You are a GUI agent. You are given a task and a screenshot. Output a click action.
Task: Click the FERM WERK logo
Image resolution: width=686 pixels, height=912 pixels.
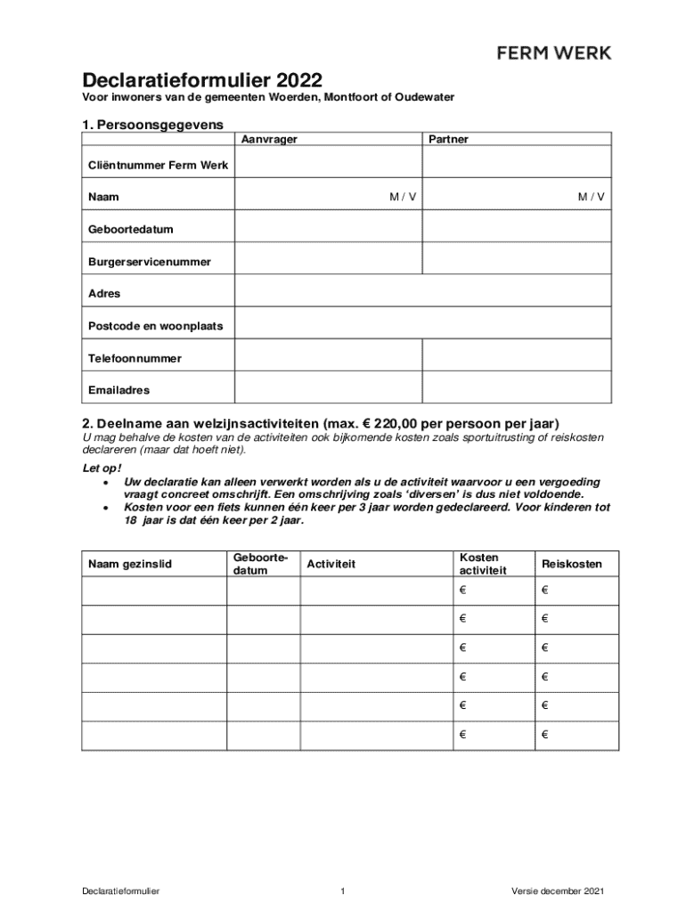coord(553,53)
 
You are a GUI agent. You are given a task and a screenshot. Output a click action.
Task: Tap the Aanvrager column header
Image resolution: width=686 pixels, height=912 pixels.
coord(270,140)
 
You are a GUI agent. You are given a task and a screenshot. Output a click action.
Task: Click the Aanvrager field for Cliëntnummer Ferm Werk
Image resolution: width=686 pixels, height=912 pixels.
coord(327,165)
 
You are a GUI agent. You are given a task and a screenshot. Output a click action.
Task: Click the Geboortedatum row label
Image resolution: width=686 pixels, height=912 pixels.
coord(130,229)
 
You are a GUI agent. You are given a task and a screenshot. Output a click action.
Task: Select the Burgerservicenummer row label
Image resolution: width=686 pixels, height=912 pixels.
coord(149,262)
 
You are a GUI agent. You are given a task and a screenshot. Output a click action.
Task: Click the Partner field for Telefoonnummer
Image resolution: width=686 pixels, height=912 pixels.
coord(516,357)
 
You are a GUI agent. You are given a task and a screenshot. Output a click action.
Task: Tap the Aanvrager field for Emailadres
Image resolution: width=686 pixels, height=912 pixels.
coord(327,389)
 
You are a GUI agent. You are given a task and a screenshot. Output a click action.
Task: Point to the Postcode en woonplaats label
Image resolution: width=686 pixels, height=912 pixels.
coord(155,326)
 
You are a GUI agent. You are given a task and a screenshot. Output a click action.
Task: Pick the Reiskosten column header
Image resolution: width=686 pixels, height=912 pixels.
coord(571,565)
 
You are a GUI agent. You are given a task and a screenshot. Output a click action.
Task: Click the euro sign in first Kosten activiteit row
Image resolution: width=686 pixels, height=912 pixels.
coord(463,590)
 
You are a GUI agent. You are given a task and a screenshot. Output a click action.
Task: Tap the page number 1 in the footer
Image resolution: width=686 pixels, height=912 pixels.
coord(342,891)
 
